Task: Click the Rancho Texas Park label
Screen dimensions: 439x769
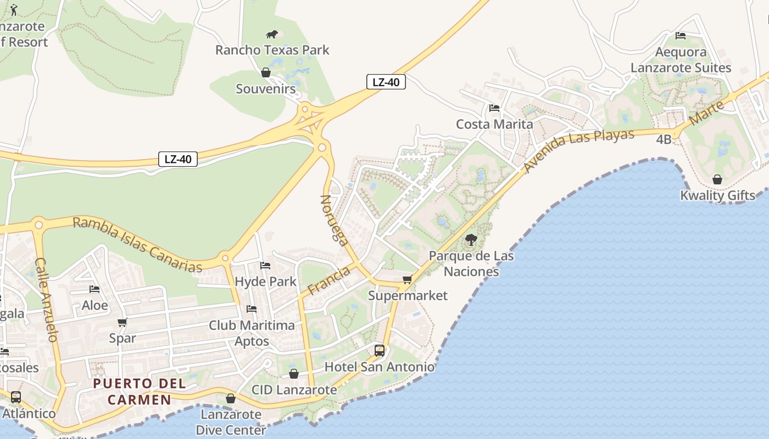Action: pos(272,50)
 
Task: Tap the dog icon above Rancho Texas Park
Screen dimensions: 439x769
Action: pos(272,35)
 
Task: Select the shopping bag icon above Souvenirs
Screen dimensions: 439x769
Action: pos(266,72)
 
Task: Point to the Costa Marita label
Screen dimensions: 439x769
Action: pos(494,124)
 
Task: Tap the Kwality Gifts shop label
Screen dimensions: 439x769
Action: pos(717,195)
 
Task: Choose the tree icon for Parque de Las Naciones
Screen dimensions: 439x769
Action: pos(471,240)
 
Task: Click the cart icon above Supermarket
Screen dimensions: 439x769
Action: pos(407,280)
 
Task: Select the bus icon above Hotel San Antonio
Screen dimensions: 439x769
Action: pos(380,350)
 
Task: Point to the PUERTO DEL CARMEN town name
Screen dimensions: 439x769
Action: pos(140,391)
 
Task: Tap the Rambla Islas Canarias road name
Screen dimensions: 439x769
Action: pos(137,245)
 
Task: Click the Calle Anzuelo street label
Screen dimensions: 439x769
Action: pos(46,300)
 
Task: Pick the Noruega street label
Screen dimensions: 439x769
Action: pos(334,220)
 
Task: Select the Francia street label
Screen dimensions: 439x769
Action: pos(329,280)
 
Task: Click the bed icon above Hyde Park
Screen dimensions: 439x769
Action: pos(265,266)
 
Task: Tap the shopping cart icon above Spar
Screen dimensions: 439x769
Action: pos(122,323)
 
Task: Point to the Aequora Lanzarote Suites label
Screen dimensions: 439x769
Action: pos(681,60)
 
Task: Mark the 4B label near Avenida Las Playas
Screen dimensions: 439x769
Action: pos(664,139)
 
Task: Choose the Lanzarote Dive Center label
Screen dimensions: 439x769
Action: pos(230,421)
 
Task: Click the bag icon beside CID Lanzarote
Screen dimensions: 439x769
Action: pos(294,374)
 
